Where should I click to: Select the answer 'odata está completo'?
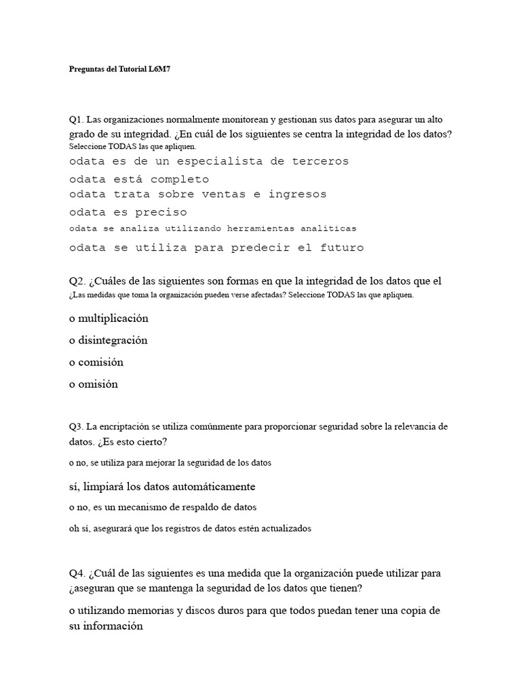(139, 180)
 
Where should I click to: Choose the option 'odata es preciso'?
(128, 212)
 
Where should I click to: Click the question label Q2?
(76, 281)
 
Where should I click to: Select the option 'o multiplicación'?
(109, 318)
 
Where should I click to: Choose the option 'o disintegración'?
(108, 340)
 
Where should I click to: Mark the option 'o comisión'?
(96, 362)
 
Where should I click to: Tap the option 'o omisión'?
(94, 384)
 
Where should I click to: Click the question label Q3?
(75, 427)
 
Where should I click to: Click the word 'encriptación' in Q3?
(121, 427)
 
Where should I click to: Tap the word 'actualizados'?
(287, 529)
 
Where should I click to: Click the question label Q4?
(76, 573)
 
